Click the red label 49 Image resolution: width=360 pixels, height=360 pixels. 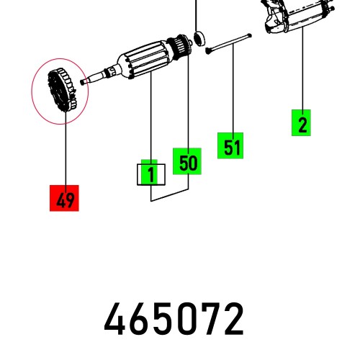pyautogui.click(x=65, y=199)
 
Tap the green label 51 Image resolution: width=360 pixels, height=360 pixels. pyautogui.click(x=231, y=147)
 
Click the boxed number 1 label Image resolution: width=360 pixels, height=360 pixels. pyautogui.click(x=151, y=174)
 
